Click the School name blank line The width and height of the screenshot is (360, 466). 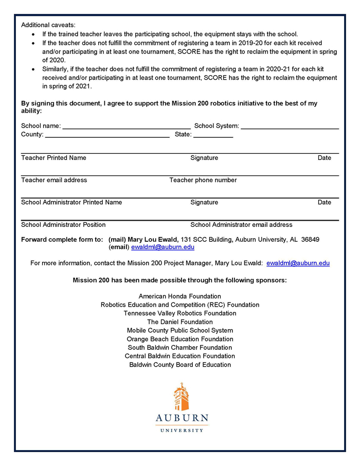[126, 127]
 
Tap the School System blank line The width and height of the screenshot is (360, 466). [290, 127]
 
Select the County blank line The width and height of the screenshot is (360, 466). [107, 135]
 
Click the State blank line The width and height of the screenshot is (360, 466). [213, 135]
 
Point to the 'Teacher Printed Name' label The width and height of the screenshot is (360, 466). [53, 158]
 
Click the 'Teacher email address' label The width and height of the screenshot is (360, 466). [54, 180]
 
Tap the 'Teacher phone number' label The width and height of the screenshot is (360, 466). [203, 180]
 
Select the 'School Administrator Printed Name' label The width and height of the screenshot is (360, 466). [71, 202]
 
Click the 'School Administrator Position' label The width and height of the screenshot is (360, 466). [63, 225]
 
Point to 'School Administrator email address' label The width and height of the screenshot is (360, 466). [241, 225]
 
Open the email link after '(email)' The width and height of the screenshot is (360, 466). [163, 247]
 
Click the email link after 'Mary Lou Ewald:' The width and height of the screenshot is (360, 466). [298, 263]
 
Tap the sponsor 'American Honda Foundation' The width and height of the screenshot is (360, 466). [180, 296]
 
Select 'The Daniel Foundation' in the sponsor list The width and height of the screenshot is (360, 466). [180, 322]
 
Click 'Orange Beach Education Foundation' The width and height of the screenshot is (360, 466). [180, 339]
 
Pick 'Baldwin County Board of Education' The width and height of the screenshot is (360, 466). [180, 365]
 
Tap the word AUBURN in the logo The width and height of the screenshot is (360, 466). [182, 418]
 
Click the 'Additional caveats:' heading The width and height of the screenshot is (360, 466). [48, 25]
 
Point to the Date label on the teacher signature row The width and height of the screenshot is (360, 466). [324, 158]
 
